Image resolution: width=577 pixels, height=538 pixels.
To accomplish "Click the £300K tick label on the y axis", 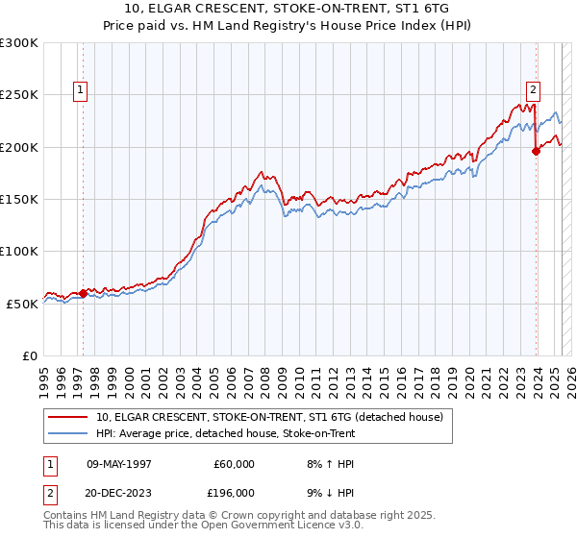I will [x=19, y=43].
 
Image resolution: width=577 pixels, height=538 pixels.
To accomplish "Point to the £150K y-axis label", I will [x=19, y=200].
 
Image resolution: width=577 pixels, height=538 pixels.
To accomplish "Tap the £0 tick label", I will [x=30, y=355].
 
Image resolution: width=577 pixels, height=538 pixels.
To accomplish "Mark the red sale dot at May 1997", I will [x=83, y=293].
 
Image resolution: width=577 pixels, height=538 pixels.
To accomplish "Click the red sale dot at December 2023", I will [x=536, y=151].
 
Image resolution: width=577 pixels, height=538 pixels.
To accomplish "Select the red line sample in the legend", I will [x=68, y=417].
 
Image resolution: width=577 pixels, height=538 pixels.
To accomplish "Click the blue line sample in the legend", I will [x=68, y=433].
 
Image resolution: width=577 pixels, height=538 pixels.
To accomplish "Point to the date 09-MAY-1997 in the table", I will [x=121, y=464].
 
